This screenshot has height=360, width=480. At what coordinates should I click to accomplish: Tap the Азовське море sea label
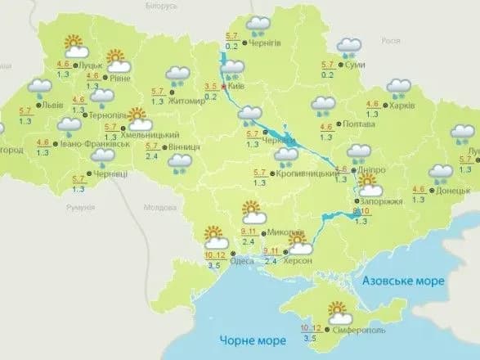point(404,281)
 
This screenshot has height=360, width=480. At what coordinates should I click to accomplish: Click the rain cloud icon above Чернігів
point(260,25)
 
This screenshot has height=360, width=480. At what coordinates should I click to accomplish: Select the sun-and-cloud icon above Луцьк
point(76,45)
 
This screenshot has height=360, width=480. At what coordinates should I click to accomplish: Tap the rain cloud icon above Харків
point(398,87)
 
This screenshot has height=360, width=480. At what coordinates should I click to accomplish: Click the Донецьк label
point(454,189)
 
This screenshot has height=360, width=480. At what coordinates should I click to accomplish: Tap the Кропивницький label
point(303,173)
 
